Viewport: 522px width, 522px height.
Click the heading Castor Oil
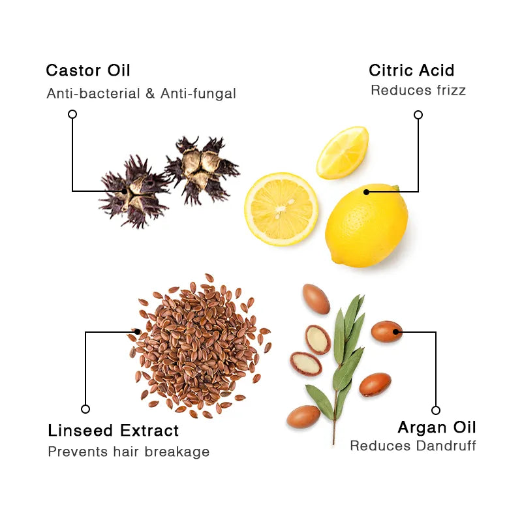coord(88,70)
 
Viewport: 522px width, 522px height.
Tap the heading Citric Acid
coord(411,70)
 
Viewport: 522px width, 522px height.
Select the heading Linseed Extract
coord(113,431)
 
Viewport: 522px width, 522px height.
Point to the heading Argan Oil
coord(437,427)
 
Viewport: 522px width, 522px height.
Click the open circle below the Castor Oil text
coord(72,114)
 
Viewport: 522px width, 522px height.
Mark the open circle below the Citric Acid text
coord(418,115)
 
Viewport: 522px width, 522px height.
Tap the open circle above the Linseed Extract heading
coord(85,409)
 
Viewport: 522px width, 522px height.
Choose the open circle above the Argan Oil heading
coord(436,410)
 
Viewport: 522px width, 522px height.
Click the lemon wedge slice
coord(343,151)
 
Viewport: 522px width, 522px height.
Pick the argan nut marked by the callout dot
coord(387,331)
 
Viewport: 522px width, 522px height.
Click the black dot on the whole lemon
coord(367,192)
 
